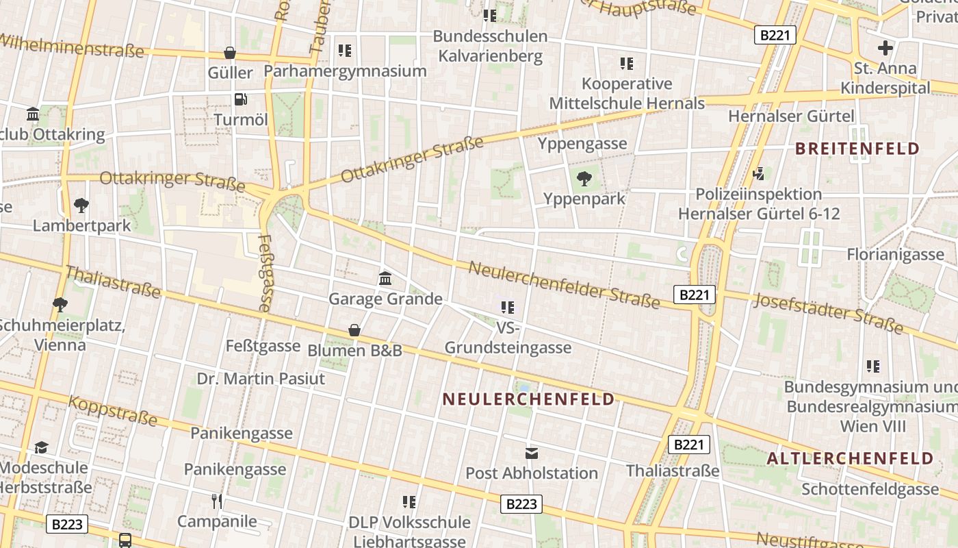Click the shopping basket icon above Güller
pyautogui.click(x=230, y=53)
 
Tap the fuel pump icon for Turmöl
pyautogui.click(x=240, y=99)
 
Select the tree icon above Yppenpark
pyautogui.click(x=584, y=179)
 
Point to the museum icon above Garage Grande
pyautogui.click(x=385, y=279)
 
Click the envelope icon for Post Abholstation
pyautogui.click(x=532, y=453)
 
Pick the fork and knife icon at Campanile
pyautogui.click(x=217, y=501)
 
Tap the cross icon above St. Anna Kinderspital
pyautogui.click(x=885, y=48)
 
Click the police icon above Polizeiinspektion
pyautogui.click(x=759, y=173)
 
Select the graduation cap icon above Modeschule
pyautogui.click(x=42, y=448)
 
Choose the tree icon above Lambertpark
pyautogui.click(x=81, y=205)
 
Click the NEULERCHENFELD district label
pyautogui.click(x=528, y=399)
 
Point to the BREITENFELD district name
pyautogui.click(x=857, y=149)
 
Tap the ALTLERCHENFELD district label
pyautogui.click(x=850, y=458)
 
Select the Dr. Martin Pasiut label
pyautogui.click(x=261, y=379)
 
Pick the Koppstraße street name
pyautogui.click(x=113, y=411)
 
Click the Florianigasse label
pyautogui.click(x=895, y=255)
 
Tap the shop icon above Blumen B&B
pyautogui.click(x=354, y=330)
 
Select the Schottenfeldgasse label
pyautogui.click(x=870, y=489)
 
